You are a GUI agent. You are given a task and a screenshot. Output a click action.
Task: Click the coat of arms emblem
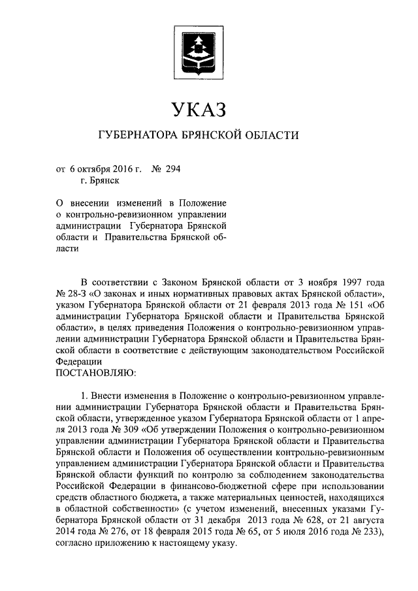tap(199, 47)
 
